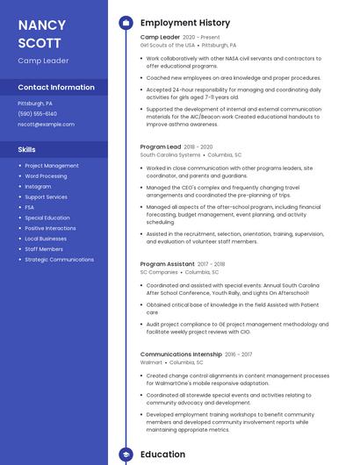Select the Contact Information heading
coord(56,88)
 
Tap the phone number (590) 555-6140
coord(37,113)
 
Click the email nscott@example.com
coord(46,125)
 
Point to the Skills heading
coord(26,149)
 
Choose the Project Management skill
coord(51,166)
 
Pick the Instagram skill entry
coord(38,186)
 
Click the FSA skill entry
coord(30,207)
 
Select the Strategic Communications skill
coord(59,260)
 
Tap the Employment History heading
coord(185,23)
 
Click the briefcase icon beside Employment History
coord(126,23)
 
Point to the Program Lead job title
coord(161,147)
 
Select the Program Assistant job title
coord(167,264)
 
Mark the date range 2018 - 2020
coord(199,147)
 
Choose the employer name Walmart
coord(151,361)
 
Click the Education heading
coord(162,454)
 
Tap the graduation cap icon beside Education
coord(126,454)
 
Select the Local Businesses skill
coord(45,239)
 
